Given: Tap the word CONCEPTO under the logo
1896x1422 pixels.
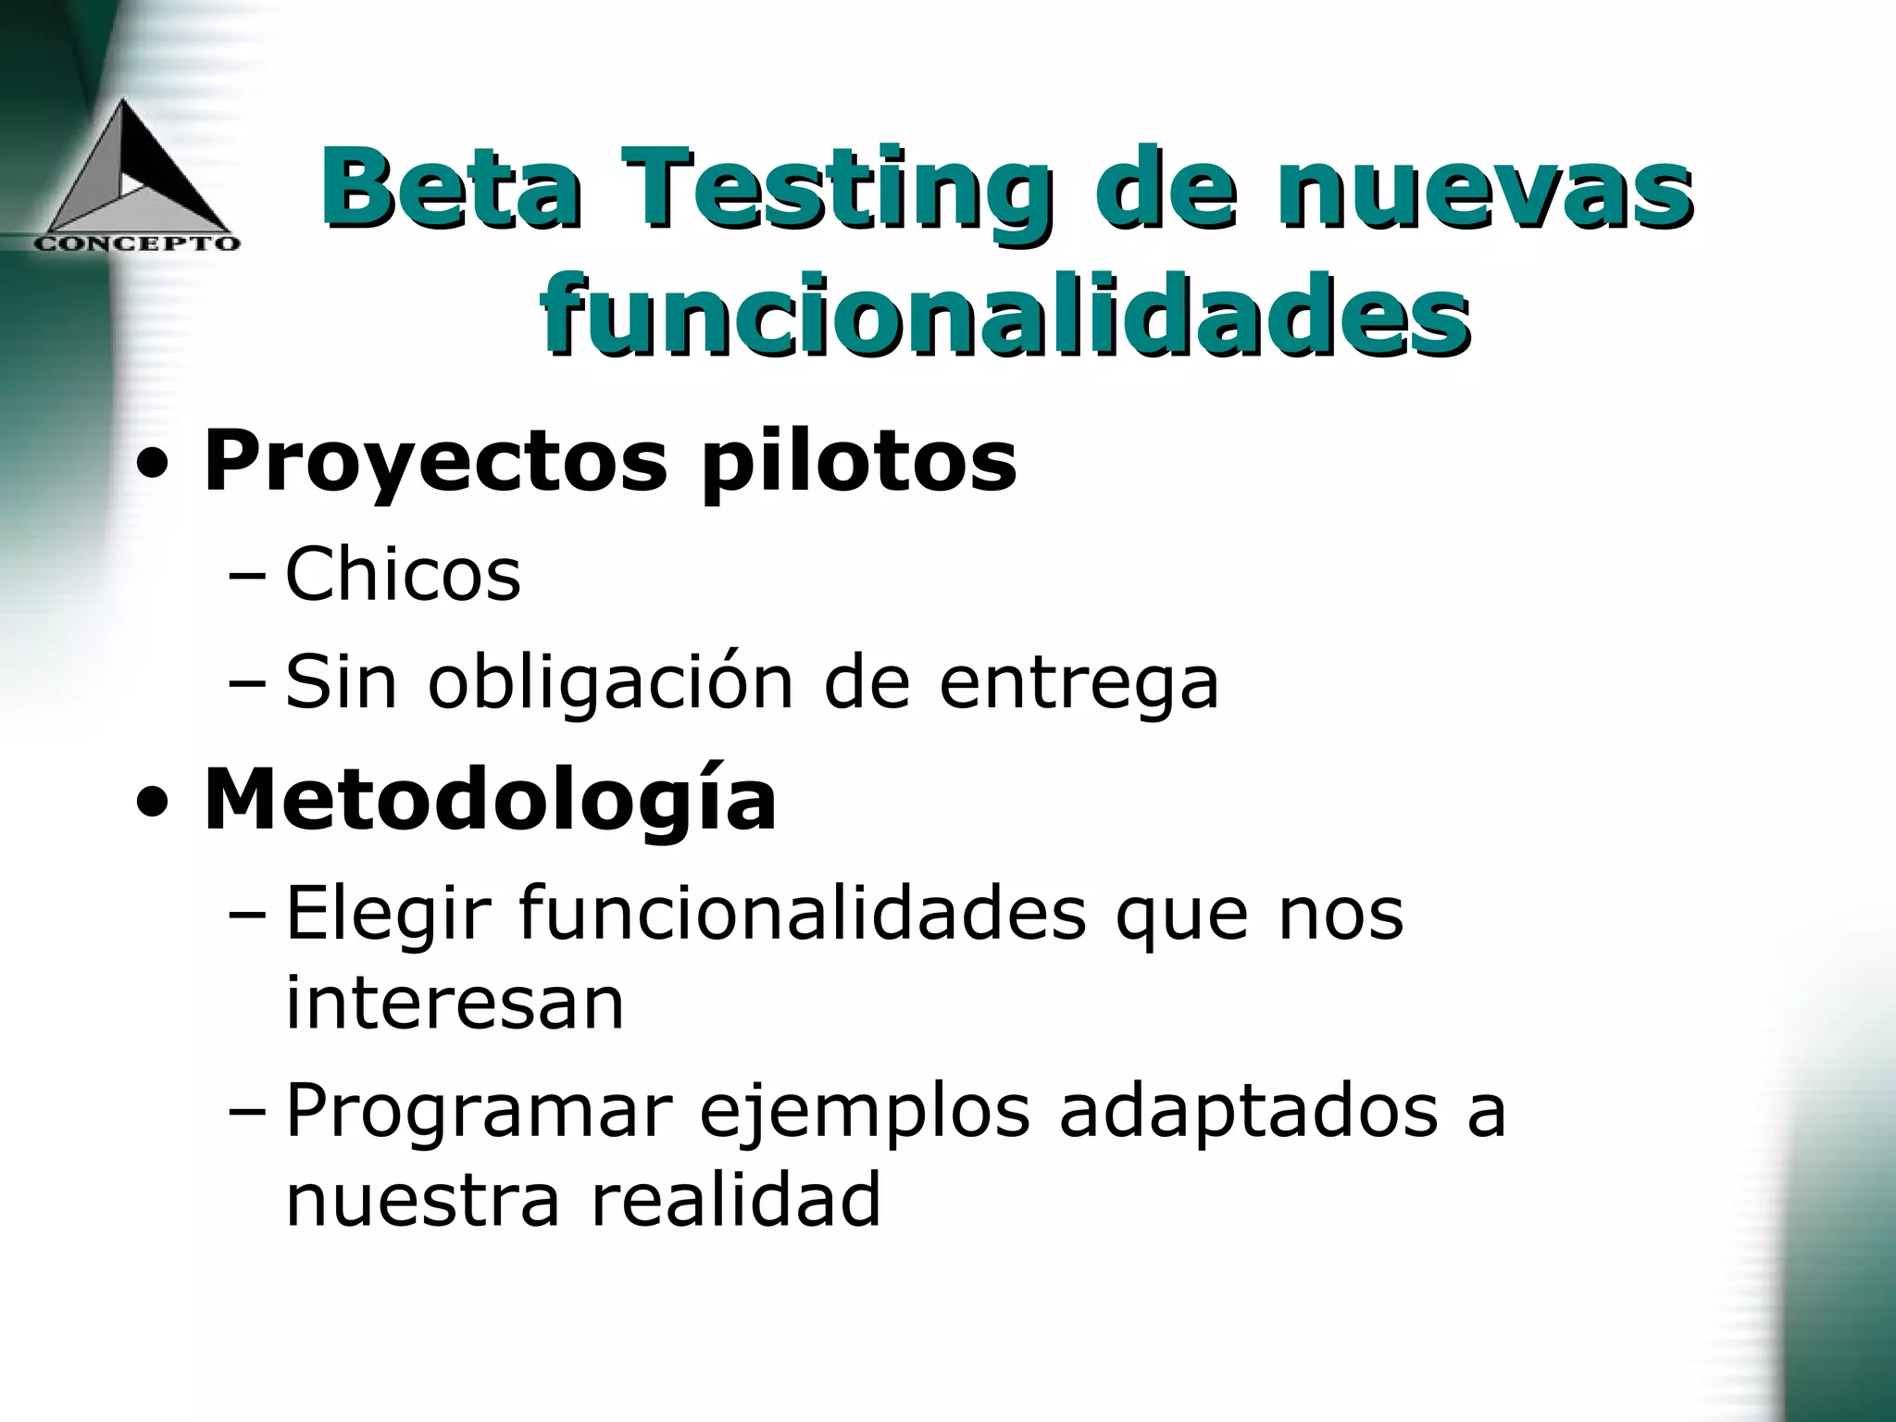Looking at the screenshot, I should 138,243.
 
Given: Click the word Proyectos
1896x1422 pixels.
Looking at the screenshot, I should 435,463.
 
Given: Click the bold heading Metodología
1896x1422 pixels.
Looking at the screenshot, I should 490,800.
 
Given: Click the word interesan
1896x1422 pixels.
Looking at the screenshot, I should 455,1004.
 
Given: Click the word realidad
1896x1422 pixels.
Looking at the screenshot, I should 735,1201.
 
